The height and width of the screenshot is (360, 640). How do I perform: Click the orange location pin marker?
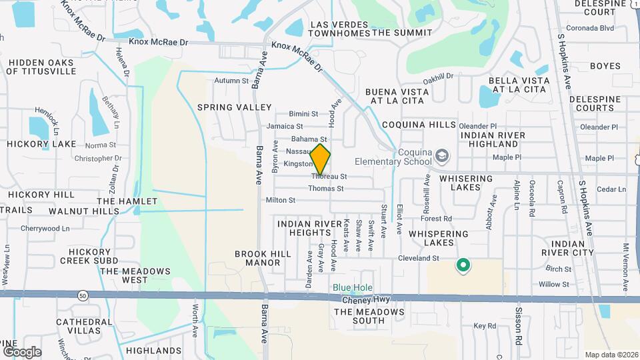click(321, 159)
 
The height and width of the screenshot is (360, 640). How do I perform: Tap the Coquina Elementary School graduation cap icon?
click(441, 157)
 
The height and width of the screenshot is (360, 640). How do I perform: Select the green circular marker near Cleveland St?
click(463, 265)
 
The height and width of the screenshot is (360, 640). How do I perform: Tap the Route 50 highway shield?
click(83, 294)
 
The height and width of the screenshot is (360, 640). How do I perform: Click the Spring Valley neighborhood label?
click(234, 107)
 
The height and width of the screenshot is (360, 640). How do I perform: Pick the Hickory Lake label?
click(42, 144)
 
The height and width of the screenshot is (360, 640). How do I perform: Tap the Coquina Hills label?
click(419, 125)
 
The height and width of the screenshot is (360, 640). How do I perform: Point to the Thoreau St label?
click(329, 177)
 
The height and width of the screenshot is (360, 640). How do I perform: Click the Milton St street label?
click(280, 200)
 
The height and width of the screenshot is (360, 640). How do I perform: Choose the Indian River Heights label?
click(304, 228)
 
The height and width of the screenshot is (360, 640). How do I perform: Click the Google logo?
click(22, 351)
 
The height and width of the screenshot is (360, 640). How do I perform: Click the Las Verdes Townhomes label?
click(340, 28)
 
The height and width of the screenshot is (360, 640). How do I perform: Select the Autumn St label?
click(231, 81)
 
